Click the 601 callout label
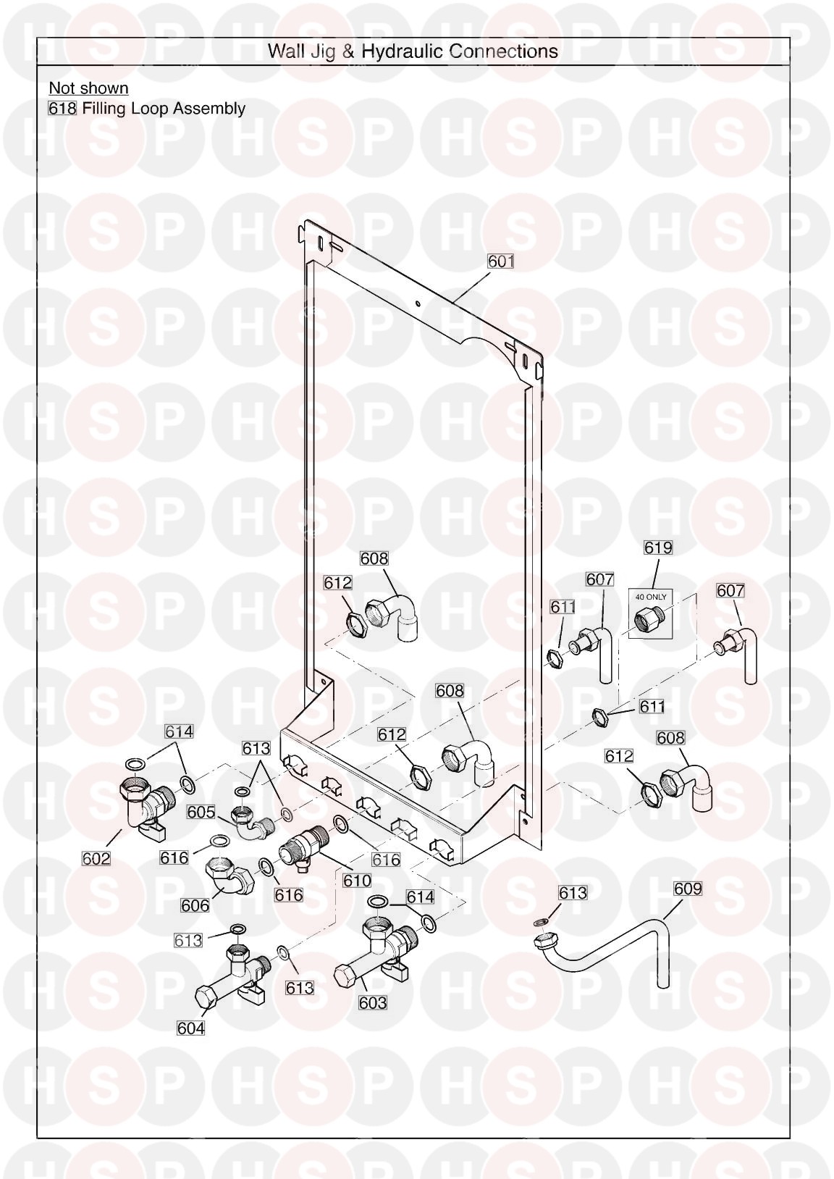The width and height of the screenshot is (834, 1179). tap(500, 261)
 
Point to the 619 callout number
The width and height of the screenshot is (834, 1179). tap(658, 548)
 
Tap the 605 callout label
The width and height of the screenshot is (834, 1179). tap(201, 827)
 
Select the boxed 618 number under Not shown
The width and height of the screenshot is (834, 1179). tap(62, 109)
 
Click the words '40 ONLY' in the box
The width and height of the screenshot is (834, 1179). tap(651, 597)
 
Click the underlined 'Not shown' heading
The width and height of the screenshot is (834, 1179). tap(89, 88)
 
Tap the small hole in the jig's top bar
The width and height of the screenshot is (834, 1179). tap(417, 303)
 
